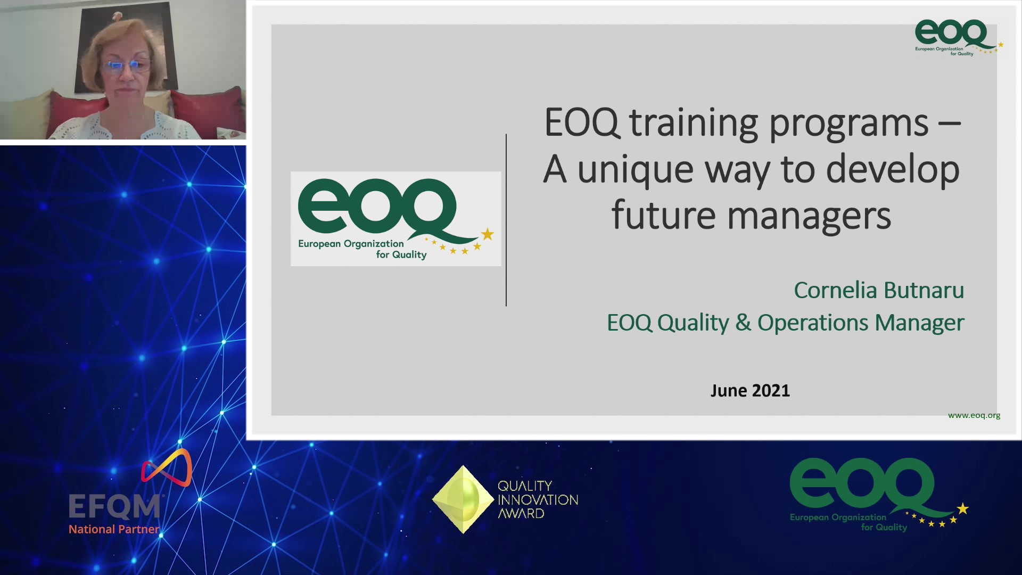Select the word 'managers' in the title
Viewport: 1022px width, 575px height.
(809, 217)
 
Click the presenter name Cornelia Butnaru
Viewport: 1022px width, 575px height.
(879, 290)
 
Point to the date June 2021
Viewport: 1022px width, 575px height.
(750, 390)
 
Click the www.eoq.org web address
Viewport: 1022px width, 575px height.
(974, 415)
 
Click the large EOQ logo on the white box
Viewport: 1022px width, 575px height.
(395, 219)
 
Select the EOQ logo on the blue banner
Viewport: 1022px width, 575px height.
(879, 495)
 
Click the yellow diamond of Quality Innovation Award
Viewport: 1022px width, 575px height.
(463, 499)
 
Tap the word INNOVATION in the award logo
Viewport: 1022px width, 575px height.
(538, 500)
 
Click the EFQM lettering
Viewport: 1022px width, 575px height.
(114, 506)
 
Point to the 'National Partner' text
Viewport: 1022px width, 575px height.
(114, 529)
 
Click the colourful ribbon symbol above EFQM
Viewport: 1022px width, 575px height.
(167, 467)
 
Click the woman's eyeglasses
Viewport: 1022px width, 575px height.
(128, 66)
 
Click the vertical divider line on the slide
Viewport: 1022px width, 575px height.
(506, 220)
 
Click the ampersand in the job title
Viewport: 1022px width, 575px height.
(743, 323)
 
